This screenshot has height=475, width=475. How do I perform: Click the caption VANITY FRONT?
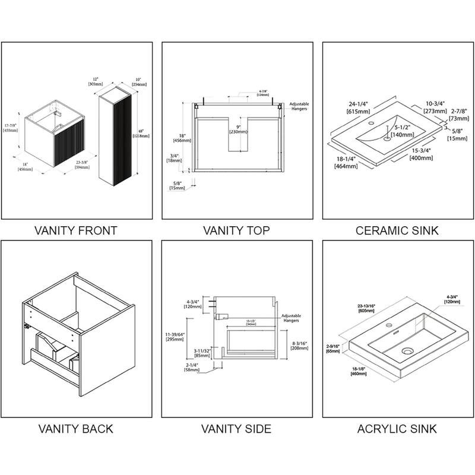(76, 230)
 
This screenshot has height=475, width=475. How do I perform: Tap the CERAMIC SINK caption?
(397, 230)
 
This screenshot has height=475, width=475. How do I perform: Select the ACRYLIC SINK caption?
(397, 428)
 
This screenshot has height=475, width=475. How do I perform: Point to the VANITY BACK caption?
(76, 428)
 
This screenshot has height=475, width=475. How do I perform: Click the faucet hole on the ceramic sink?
(371, 124)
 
